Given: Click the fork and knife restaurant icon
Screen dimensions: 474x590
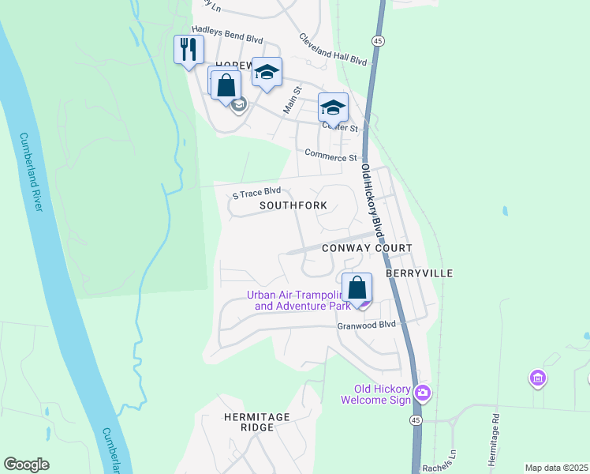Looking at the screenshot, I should click(189, 50).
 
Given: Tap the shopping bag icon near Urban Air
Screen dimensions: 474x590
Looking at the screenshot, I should click(357, 288).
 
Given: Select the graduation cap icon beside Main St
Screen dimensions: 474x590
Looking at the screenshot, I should click(267, 73).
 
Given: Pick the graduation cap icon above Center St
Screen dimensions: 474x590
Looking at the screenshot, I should click(333, 107).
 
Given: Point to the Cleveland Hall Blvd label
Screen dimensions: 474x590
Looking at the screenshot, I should click(333, 49).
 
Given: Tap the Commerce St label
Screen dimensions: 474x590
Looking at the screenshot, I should click(330, 156).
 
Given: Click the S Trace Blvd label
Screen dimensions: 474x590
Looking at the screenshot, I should click(256, 192).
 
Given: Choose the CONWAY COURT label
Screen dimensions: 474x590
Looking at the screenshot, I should click(367, 248).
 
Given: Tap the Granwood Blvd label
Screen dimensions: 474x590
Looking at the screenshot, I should click(365, 325).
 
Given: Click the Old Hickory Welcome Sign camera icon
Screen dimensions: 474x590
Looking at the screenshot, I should click(424, 392).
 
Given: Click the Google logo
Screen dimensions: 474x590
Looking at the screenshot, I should click(26, 464).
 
